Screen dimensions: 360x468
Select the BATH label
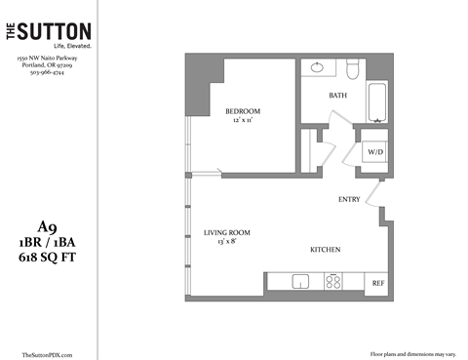tap(338, 96)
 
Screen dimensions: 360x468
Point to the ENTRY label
tap(349, 200)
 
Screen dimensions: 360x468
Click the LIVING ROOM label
tap(227, 232)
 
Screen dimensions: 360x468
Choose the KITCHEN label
tap(325, 250)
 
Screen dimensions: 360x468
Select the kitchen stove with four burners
tap(333, 282)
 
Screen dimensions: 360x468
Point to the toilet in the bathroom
tap(354, 69)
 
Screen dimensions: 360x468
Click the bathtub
tap(378, 100)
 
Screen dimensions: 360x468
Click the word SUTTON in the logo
tap(58, 32)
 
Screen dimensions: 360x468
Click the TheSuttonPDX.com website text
tap(47, 353)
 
